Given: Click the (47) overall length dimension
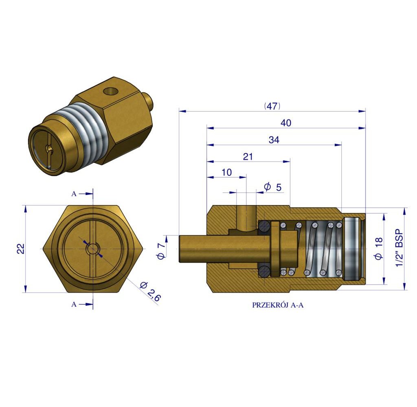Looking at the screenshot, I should (x=272, y=106).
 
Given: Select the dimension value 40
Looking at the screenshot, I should (x=286, y=123).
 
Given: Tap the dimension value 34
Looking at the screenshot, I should (x=274, y=140).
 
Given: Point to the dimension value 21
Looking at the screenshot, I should (x=248, y=156).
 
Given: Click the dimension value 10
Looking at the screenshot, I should (x=226, y=172).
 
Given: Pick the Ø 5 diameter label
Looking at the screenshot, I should (x=272, y=187).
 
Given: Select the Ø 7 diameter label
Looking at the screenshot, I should (x=161, y=249).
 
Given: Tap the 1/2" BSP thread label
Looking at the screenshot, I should (x=399, y=248).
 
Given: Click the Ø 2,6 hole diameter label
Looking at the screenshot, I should (x=150, y=291).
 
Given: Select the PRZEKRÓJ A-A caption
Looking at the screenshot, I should (x=278, y=305).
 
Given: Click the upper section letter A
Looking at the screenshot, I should (x=74, y=194).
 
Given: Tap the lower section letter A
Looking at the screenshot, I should (x=74, y=304).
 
